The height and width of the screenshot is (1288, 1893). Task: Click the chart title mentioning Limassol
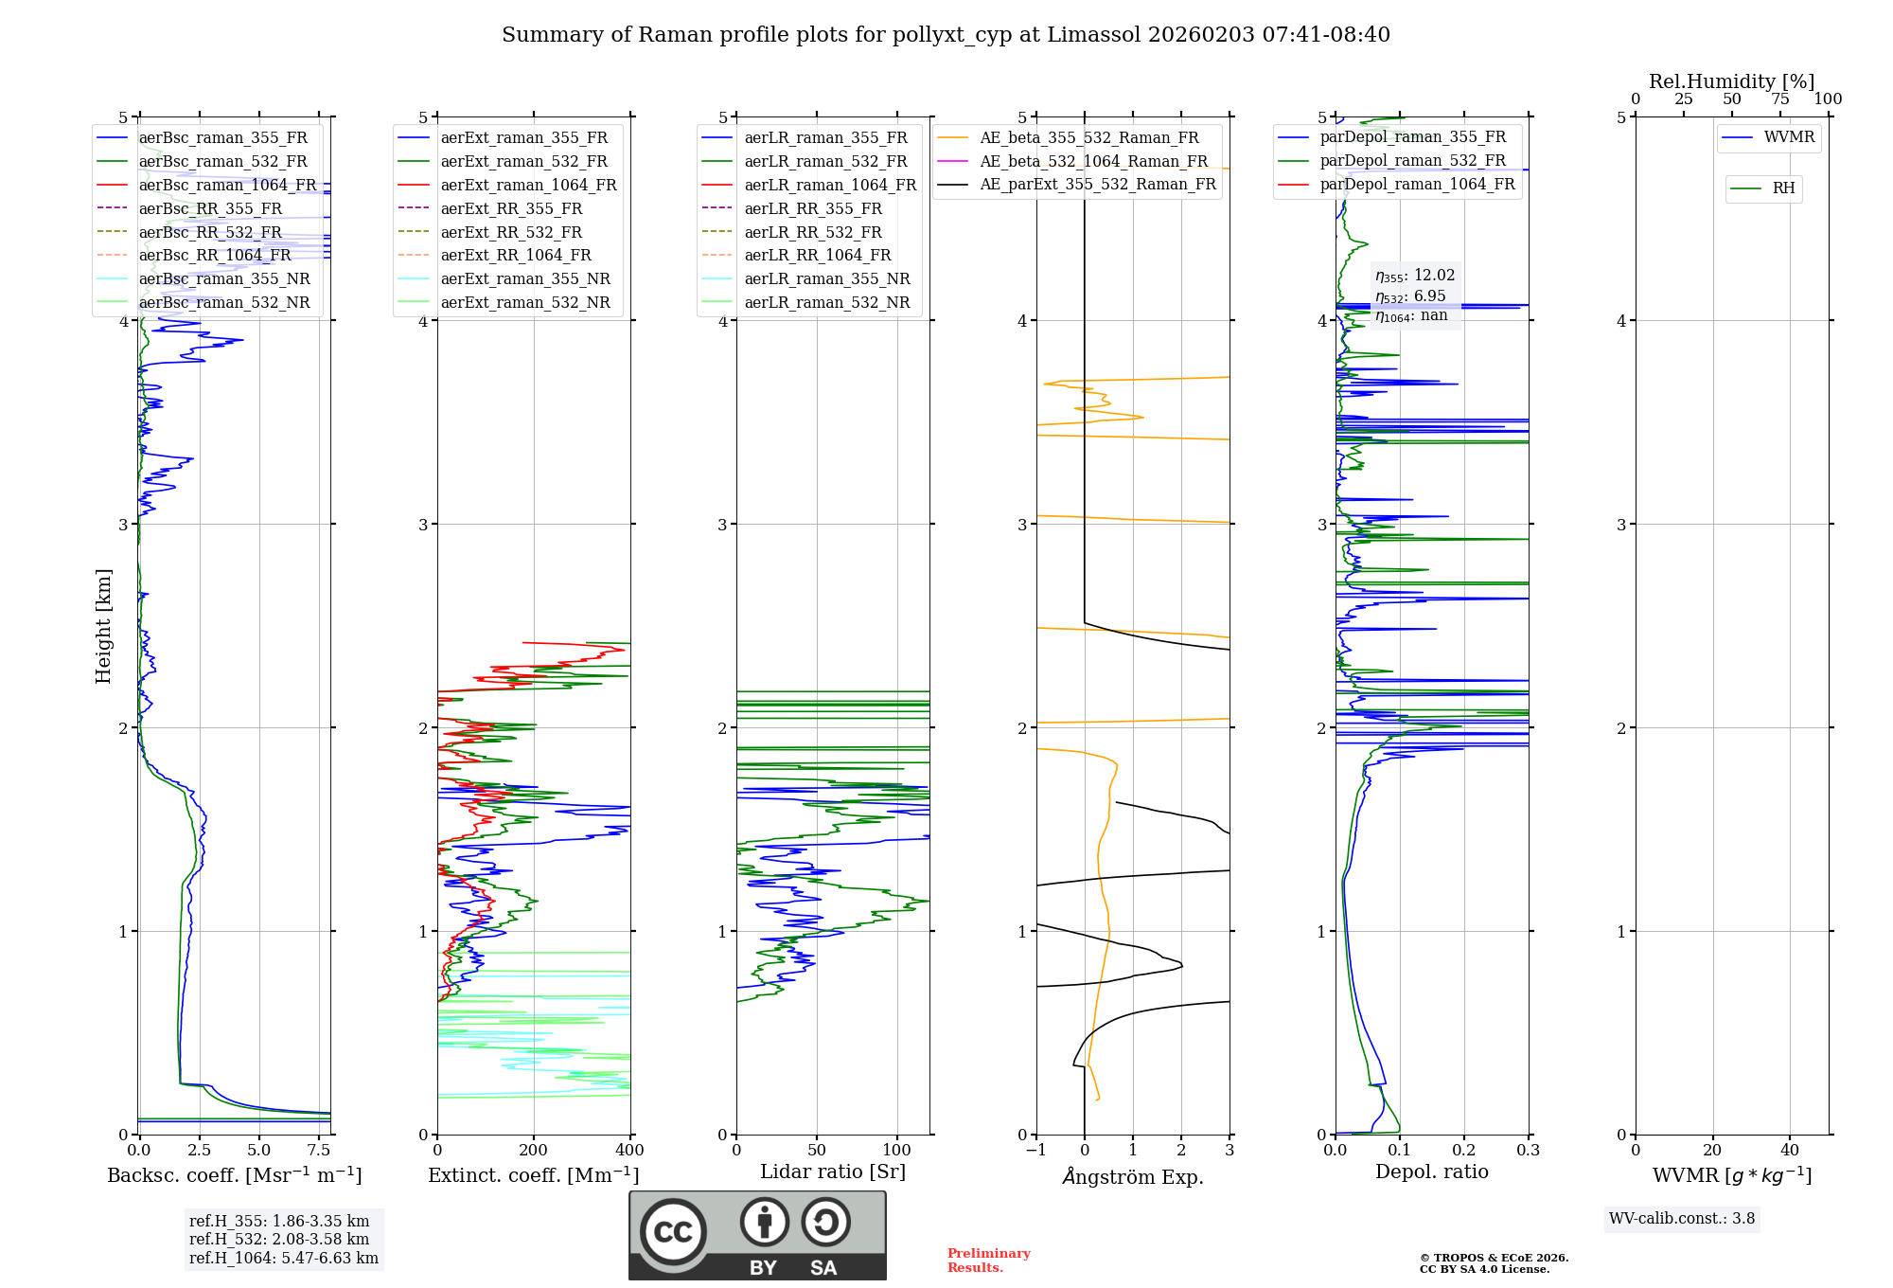(x=946, y=35)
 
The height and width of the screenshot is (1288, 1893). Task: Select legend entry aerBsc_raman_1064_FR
(x=227, y=185)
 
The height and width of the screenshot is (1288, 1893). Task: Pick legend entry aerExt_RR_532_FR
(x=511, y=232)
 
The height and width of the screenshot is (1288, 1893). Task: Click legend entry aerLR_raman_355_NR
(x=826, y=278)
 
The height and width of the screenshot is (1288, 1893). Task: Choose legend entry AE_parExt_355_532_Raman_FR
(x=1097, y=184)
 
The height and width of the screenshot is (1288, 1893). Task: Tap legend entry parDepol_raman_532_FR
(x=1412, y=161)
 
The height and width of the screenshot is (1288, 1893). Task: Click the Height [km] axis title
(x=103, y=626)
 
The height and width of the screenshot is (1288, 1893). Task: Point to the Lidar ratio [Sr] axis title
(x=833, y=1172)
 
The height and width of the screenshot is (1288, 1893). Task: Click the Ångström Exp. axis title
(x=1133, y=1176)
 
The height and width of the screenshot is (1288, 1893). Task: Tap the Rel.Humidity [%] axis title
(x=1731, y=81)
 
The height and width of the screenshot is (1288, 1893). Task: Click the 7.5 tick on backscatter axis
(x=319, y=1151)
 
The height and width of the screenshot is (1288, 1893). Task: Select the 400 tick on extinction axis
(x=630, y=1151)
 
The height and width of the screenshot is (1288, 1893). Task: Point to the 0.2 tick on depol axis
(x=1464, y=1151)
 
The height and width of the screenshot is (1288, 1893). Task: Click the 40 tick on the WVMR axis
(x=1790, y=1151)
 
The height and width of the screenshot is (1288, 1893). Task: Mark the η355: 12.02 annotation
(x=1415, y=276)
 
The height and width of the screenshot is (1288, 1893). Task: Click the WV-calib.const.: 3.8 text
(x=1682, y=1219)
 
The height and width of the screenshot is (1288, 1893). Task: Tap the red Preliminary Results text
(x=988, y=1261)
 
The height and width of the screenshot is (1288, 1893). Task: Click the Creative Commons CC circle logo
(x=673, y=1232)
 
